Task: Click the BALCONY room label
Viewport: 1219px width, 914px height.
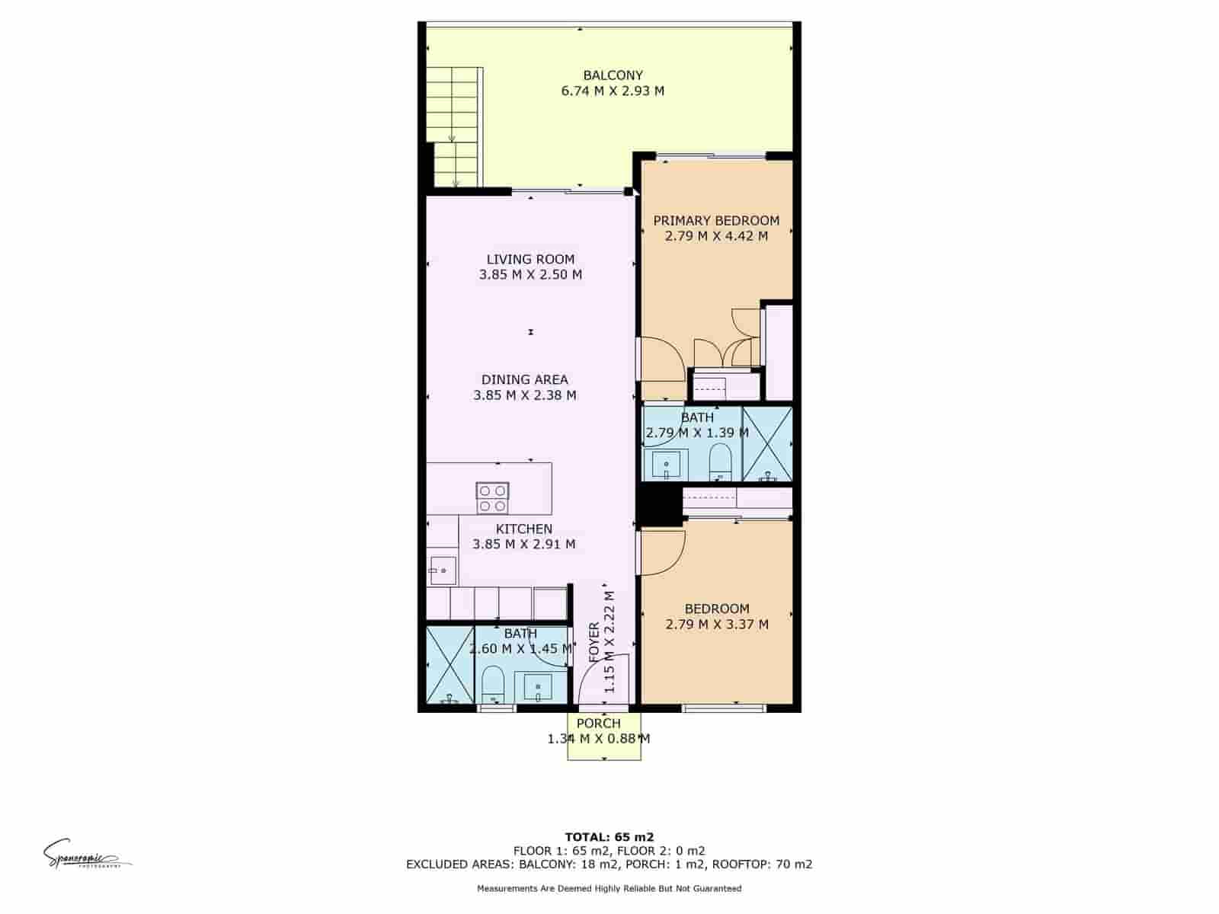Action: click(x=613, y=75)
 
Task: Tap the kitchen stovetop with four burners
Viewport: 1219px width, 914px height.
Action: click(x=492, y=497)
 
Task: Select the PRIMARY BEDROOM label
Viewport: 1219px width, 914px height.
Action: click(x=716, y=221)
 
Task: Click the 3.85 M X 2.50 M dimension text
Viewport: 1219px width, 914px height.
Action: click(x=530, y=274)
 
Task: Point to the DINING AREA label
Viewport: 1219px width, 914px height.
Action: click(x=524, y=379)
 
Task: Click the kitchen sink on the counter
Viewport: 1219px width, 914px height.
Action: click(x=442, y=570)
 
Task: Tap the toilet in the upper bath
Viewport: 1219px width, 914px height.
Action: click(x=720, y=462)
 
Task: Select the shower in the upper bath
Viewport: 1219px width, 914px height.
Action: click(x=767, y=444)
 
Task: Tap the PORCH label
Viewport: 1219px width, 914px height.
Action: click(x=598, y=723)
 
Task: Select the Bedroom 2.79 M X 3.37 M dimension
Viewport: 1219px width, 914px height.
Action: click(x=716, y=625)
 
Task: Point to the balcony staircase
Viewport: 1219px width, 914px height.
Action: click(x=455, y=126)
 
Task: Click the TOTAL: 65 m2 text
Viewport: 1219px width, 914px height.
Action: click(x=609, y=836)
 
